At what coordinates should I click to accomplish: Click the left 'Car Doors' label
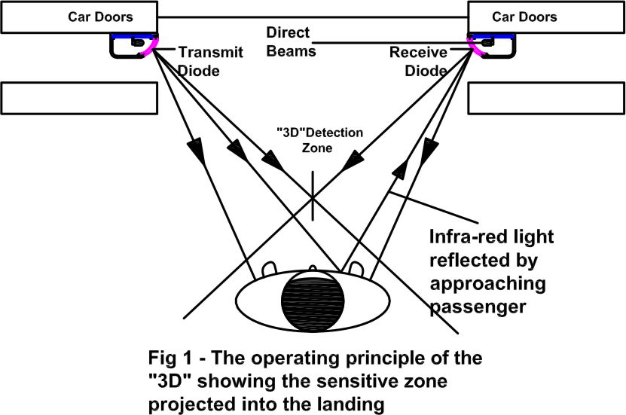tap(79, 17)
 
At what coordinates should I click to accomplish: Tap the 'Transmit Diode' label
tap(200, 61)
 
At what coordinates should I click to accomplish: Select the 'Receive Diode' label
tap(419, 61)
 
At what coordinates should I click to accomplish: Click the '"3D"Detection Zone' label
tap(319, 140)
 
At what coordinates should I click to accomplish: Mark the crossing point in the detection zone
tap(312, 197)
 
